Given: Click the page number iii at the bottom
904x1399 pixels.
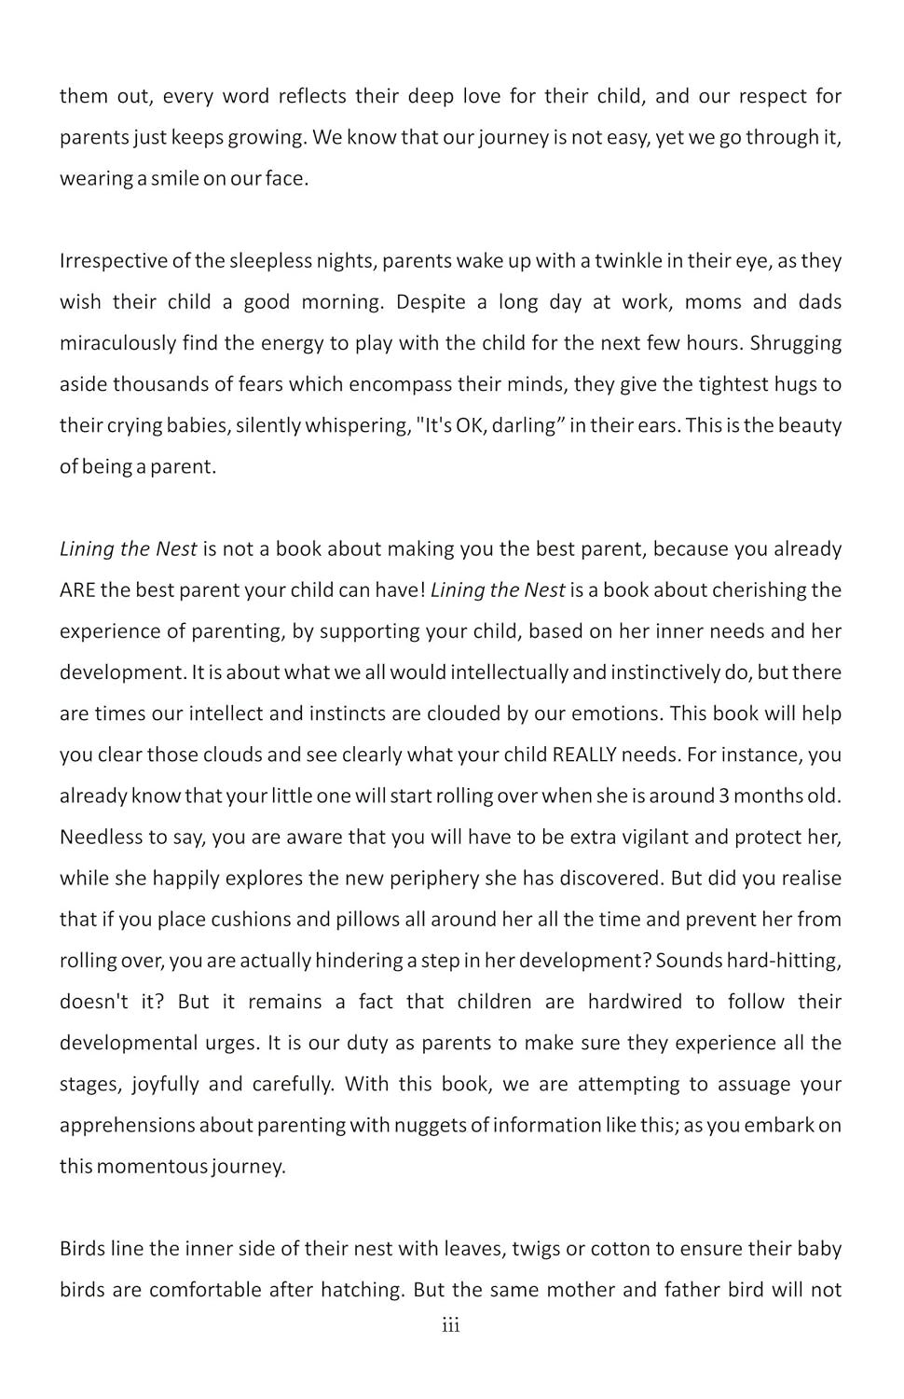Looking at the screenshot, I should click(451, 1326).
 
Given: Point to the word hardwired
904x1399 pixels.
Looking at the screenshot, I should click(635, 1002).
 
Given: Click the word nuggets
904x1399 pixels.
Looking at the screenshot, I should click(429, 1126).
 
